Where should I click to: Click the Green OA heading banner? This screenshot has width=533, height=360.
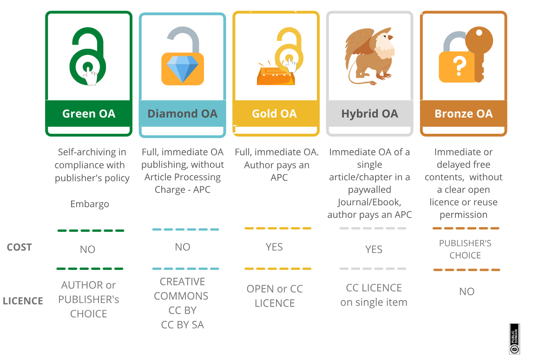pos(89,114)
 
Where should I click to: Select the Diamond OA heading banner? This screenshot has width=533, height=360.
pos(182,114)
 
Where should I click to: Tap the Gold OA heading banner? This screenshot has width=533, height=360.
pos(274,114)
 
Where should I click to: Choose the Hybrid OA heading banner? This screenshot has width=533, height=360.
pos(369,114)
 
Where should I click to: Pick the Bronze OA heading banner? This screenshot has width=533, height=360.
pos(463,114)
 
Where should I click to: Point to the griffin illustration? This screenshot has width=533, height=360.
pos(369,56)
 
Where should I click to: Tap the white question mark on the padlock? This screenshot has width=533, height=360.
pos(459,67)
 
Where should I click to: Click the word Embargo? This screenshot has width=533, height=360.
pos(90,204)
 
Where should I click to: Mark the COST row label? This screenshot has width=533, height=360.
pos(20,247)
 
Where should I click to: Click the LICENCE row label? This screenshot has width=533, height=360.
pos(23,301)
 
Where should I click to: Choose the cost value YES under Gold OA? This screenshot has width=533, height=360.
pos(274,247)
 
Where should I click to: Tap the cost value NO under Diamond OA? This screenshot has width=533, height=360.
pos(183,247)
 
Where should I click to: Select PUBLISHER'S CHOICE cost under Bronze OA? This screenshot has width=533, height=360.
pos(465,249)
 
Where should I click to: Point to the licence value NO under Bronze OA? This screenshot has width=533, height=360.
pos(467,292)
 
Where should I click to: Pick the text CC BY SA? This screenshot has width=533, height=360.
pos(183,325)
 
